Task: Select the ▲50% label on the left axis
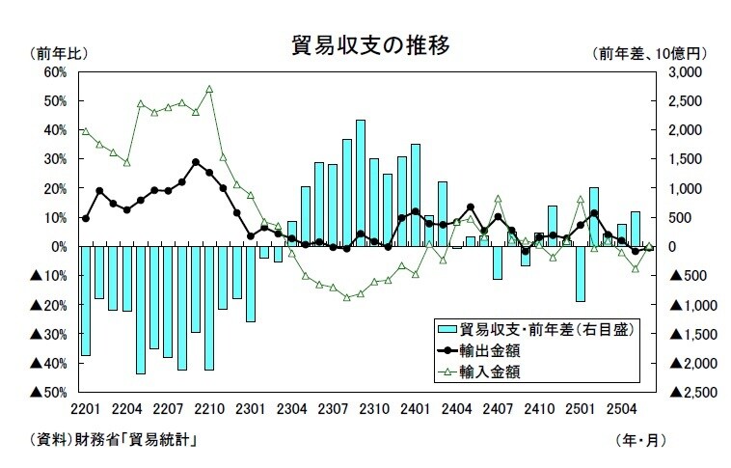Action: click(46, 393)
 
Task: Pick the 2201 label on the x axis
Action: click(86, 409)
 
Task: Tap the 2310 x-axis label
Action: click(375, 409)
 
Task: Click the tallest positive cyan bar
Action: click(361, 183)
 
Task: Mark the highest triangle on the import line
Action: click(209, 89)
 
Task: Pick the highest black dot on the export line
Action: click(196, 162)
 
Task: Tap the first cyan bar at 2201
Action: click(86, 301)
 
